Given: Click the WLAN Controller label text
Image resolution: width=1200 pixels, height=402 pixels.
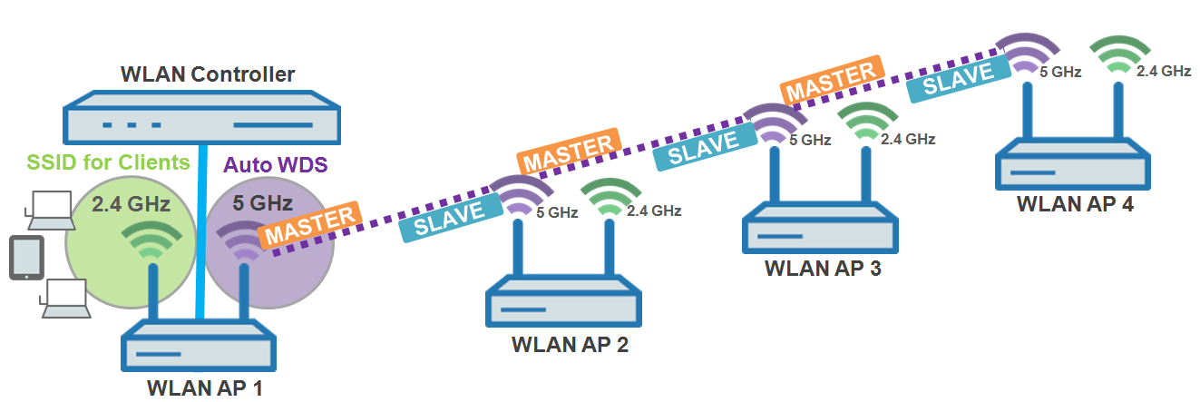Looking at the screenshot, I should tap(208, 74).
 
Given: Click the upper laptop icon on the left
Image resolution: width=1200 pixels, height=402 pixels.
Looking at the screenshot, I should tap(46, 210).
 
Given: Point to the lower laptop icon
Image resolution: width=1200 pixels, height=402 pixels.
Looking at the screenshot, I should tap(64, 299).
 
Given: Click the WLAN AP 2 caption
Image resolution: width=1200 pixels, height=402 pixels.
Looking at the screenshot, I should tap(570, 345).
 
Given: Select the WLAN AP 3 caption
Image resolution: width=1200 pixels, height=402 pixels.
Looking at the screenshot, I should tap(823, 269).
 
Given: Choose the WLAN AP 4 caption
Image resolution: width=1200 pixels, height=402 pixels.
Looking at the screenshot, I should tap(1075, 203).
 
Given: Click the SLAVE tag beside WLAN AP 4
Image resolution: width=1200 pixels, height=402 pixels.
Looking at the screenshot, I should tap(957, 78).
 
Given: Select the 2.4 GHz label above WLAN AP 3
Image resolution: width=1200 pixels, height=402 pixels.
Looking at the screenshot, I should tap(907, 139).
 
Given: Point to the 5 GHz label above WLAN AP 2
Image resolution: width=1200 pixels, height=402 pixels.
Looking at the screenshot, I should tap(557, 212).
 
